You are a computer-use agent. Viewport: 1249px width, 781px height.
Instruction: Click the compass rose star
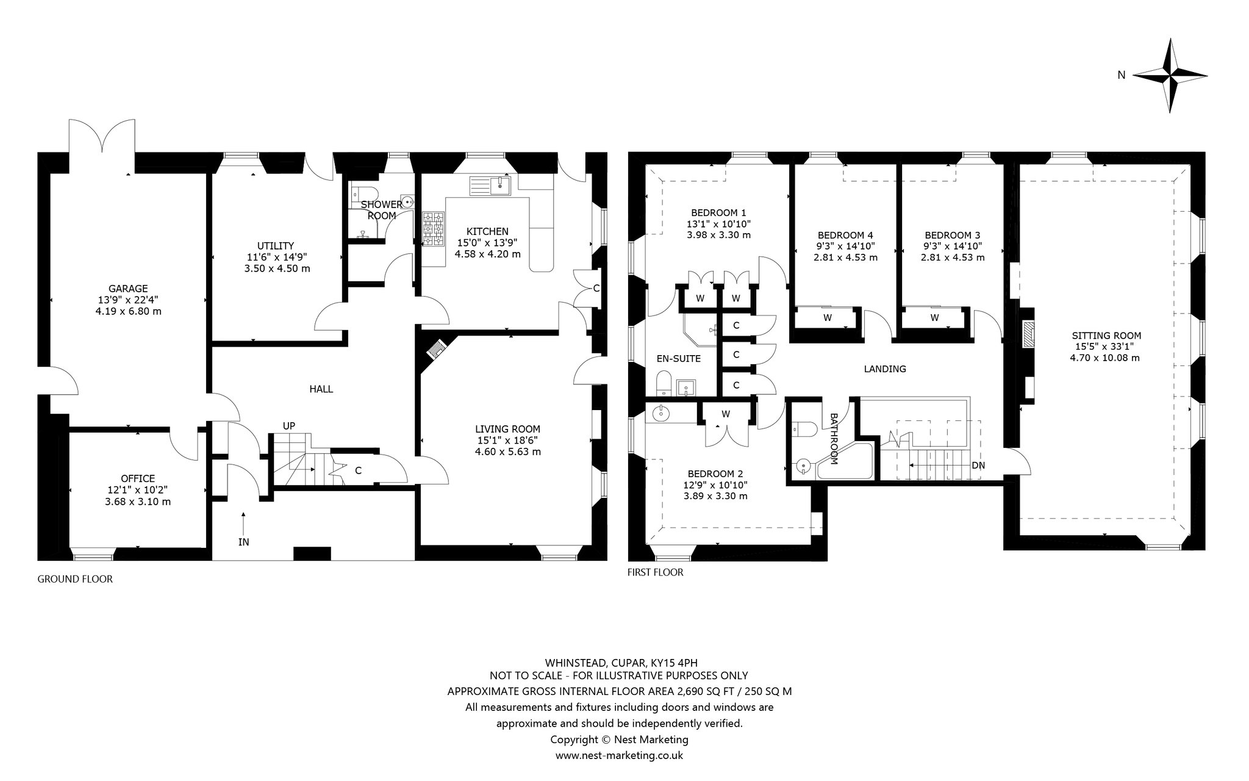click(1170, 76)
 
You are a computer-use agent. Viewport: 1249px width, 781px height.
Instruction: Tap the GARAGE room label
click(128, 289)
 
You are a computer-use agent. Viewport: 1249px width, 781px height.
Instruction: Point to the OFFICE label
click(138, 478)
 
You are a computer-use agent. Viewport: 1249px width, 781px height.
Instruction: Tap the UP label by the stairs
click(289, 426)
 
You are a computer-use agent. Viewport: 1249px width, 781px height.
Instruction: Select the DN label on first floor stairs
click(978, 465)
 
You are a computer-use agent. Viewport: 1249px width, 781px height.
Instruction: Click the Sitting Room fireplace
click(1028, 336)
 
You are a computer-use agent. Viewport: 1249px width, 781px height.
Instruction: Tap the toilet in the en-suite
click(663, 383)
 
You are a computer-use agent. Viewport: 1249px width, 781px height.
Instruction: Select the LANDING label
click(885, 369)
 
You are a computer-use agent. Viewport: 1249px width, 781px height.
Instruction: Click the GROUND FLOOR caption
click(75, 579)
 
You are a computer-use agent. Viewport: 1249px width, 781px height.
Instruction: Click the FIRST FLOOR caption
click(656, 572)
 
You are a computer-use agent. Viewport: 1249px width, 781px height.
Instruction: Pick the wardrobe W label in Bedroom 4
click(828, 317)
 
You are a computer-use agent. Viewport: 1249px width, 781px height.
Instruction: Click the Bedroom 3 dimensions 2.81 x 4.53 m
click(953, 257)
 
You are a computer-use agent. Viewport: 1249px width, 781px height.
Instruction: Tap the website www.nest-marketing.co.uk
click(619, 755)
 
